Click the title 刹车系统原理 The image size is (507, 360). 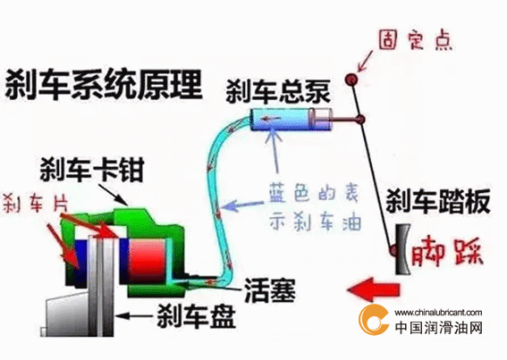[104, 85]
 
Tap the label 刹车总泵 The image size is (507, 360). [278, 91]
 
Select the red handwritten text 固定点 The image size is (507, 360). [415, 40]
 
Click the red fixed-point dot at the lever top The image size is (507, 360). [351, 79]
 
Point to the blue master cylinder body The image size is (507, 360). [282, 119]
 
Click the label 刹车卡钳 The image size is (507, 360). [92, 170]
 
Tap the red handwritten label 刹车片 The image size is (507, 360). [36, 204]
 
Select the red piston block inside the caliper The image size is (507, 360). [148, 262]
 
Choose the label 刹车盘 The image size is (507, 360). [196, 315]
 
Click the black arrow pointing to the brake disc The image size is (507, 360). [134, 315]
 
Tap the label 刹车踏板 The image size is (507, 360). [438, 201]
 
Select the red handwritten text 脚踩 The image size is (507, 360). [447, 252]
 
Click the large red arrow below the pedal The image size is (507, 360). [373, 289]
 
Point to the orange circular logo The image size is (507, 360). [372, 320]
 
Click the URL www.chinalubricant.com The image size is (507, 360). [438, 313]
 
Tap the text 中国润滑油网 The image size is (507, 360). [439, 327]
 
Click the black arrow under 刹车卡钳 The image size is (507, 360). [114, 195]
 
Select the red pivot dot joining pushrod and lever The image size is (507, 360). [359, 120]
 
